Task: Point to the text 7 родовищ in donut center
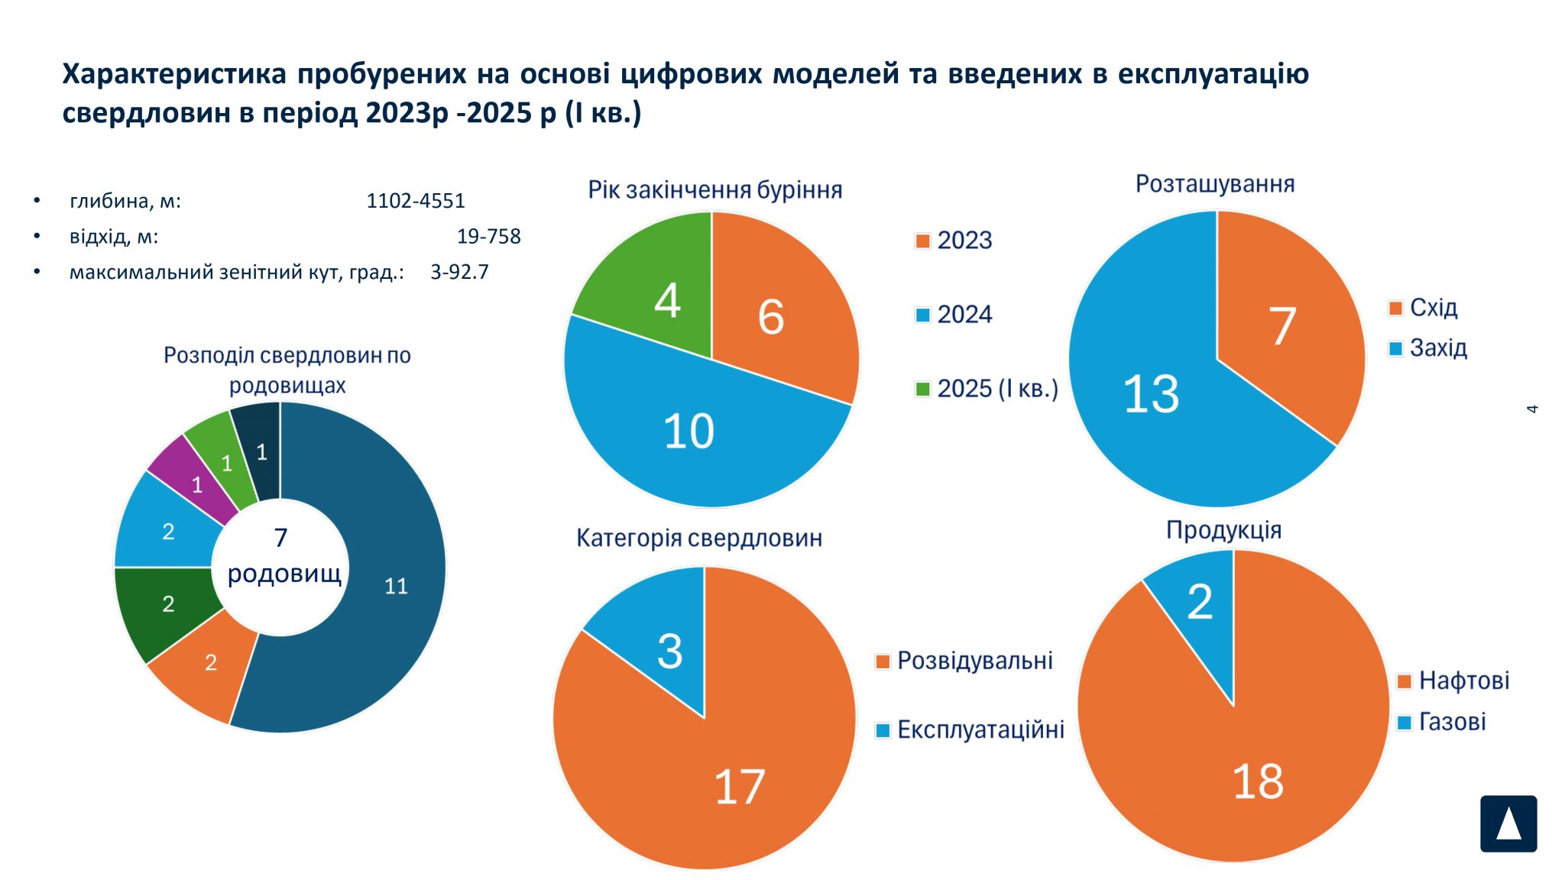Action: click(x=283, y=556)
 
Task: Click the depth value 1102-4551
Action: click(x=415, y=201)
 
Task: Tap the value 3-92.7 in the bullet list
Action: click(x=459, y=272)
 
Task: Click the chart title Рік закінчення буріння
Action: click(x=714, y=189)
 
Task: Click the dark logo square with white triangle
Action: click(x=1508, y=823)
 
